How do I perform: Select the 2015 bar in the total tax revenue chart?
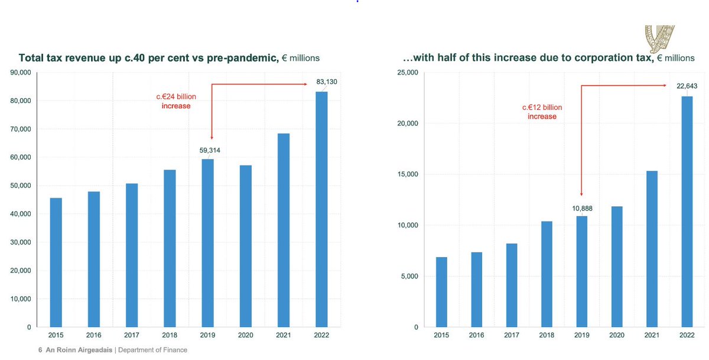pos(56,262)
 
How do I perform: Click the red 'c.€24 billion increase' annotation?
pos(176,101)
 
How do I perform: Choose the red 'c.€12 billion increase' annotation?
pos(542,112)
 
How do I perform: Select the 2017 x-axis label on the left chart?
pos(132,335)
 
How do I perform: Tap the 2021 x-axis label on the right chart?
pos(651,335)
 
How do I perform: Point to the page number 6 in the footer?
pos(40,350)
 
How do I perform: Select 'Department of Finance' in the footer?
pos(152,350)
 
